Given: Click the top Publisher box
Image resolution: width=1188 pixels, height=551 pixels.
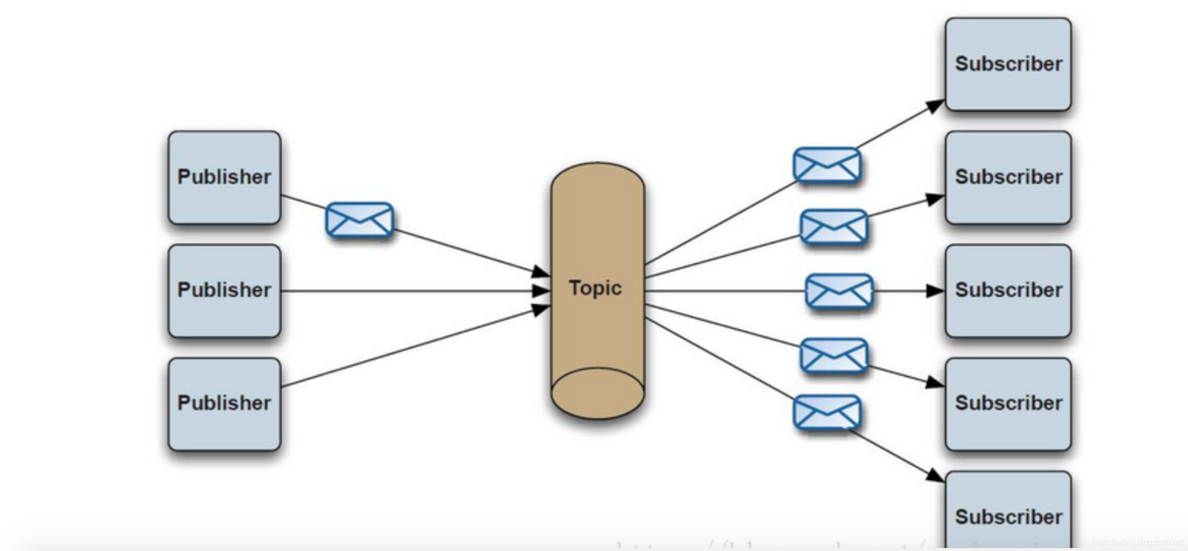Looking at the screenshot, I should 224,177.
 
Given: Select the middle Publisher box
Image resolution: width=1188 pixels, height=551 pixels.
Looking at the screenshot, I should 224,291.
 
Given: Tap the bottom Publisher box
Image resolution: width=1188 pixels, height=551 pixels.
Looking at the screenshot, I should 224,404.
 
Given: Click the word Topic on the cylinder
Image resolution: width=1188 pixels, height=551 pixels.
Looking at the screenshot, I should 595,288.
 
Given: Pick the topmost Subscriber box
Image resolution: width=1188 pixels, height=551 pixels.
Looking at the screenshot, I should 1008,64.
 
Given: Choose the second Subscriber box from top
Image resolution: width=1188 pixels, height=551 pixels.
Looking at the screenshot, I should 1008,177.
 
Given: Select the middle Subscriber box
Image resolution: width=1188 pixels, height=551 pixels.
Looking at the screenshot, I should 1008,291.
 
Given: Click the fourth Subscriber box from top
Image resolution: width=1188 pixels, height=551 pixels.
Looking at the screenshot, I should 1008,404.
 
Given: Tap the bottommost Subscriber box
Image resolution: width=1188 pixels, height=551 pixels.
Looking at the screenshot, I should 1008,513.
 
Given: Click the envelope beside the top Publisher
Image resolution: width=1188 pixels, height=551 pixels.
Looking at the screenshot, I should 360,220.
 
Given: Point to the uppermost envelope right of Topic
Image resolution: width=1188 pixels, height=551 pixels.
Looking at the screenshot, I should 827,165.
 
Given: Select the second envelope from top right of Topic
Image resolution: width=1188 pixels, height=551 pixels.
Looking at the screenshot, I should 834,227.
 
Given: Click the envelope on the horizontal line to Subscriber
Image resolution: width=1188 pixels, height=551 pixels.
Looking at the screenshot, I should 839,291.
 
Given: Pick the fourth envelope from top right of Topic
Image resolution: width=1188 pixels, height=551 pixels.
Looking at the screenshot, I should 834,356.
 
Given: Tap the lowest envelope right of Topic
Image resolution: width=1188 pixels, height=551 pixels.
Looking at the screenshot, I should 827,413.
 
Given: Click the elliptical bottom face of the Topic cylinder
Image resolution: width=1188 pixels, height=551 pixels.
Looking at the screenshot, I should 597,393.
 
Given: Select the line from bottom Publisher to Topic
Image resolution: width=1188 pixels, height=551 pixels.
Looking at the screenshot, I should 411,347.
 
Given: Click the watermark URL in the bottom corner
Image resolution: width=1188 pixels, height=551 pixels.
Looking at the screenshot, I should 1137,542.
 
